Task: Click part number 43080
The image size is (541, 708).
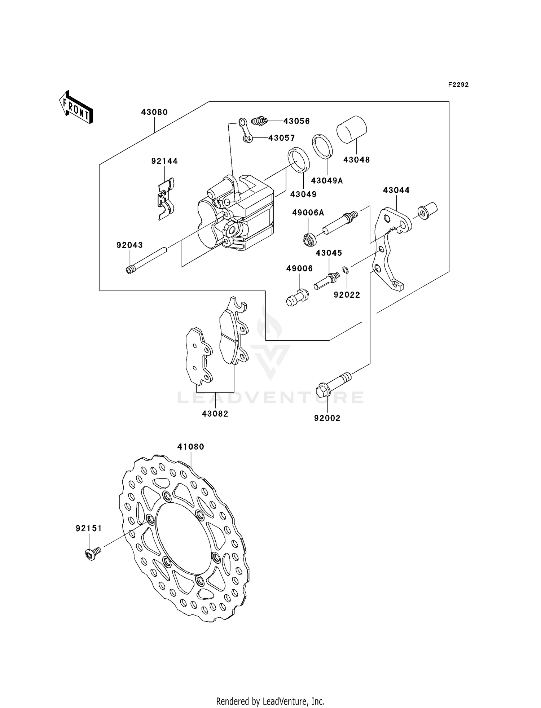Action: pyautogui.click(x=154, y=112)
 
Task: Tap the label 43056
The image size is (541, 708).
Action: pyautogui.click(x=296, y=121)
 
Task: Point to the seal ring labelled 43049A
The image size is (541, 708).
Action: pyautogui.click(x=322, y=147)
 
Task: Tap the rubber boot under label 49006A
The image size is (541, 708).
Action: pyautogui.click(x=309, y=240)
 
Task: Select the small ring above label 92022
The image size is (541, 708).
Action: pyautogui.click(x=345, y=270)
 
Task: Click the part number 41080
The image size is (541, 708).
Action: pyautogui.click(x=190, y=447)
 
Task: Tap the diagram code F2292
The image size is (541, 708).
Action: pyautogui.click(x=458, y=85)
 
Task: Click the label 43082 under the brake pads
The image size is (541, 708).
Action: pyautogui.click(x=215, y=414)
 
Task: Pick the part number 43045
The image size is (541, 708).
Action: pyautogui.click(x=329, y=253)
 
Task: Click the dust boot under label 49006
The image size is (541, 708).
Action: pyautogui.click(x=298, y=298)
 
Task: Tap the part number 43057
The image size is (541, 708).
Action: pyautogui.click(x=281, y=138)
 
